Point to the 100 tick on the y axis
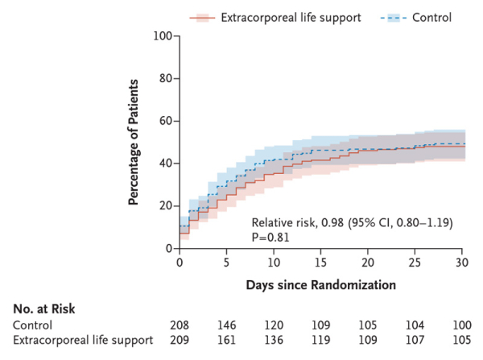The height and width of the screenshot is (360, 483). [165, 36]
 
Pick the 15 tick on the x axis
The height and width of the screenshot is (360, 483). [320, 263]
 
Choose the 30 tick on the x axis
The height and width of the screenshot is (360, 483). [461, 263]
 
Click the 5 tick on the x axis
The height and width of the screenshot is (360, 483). [226, 263]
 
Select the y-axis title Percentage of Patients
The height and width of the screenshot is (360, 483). [134, 141]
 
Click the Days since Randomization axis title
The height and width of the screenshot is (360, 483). [320, 284]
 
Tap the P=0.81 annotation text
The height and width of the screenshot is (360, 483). [270, 238]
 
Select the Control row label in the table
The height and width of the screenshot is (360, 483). [31, 325]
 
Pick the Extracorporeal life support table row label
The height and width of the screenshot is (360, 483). [83, 340]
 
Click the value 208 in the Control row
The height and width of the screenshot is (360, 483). [179, 325]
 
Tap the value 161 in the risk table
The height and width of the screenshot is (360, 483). [226, 340]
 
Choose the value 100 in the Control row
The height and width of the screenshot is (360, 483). [461, 325]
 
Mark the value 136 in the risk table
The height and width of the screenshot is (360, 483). [273, 340]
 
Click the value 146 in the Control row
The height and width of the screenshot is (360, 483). [226, 325]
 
